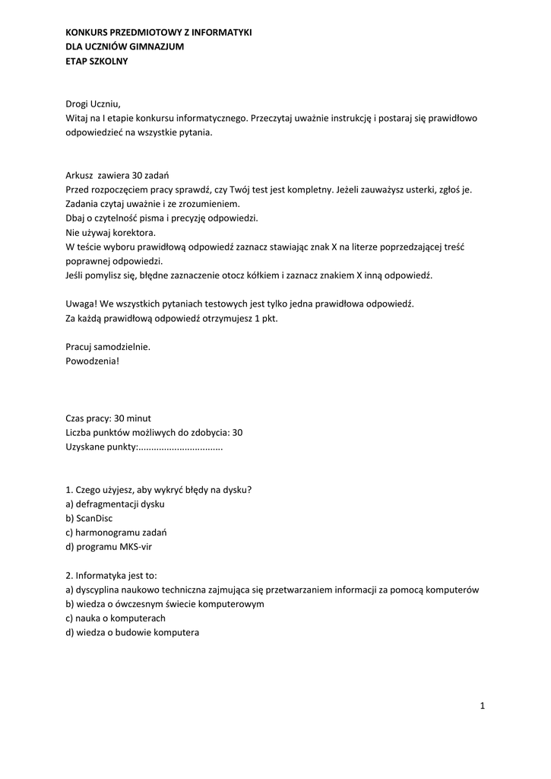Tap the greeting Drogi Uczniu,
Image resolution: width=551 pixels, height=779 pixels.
(93, 104)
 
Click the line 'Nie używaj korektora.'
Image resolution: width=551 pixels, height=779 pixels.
(111, 232)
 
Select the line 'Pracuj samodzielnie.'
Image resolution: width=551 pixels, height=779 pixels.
(109, 346)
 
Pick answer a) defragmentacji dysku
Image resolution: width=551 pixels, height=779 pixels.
(115, 504)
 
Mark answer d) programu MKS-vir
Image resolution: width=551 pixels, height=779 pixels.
(109, 546)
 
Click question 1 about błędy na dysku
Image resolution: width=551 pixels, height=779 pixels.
(159, 489)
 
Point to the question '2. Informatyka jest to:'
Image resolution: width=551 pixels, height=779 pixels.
(112, 575)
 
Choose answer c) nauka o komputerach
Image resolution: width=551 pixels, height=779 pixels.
(116, 618)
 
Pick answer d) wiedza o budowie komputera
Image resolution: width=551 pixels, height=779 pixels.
(133, 632)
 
